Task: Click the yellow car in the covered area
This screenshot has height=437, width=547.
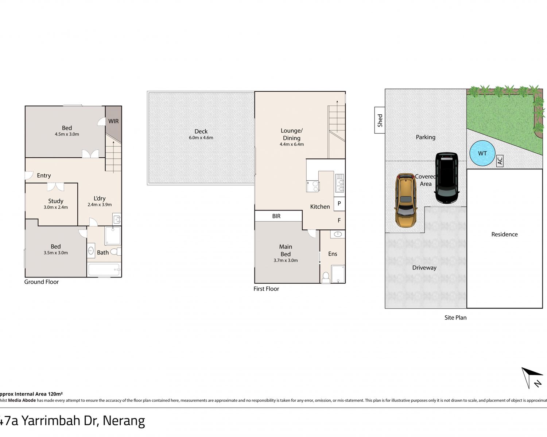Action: pyautogui.click(x=406, y=200)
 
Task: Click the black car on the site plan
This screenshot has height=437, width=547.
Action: pyautogui.click(x=447, y=178)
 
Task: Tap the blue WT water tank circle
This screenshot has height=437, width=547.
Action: pyautogui.click(x=482, y=153)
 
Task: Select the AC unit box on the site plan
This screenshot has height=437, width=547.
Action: pyautogui.click(x=500, y=161)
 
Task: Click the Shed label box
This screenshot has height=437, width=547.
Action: pyautogui.click(x=380, y=120)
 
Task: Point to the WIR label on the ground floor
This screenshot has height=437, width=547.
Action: pyautogui.click(x=113, y=121)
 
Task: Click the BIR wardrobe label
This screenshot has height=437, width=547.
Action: pyautogui.click(x=276, y=216)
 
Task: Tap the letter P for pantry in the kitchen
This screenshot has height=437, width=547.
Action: pyautogui.click(x=339, y=204)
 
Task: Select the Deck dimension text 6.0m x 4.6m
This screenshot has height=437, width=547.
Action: pyautogui.click(x=201, y=138)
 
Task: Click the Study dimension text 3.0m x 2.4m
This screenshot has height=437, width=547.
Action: pyautogui.click(x=56, y=207)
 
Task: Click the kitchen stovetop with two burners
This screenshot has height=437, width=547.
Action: pyautogui.click(x=313, y=186)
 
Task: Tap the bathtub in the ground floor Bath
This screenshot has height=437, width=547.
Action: pyautogui.click(x=104, y=269)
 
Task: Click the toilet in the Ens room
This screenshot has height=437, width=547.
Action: pyautogui.click(x=326, y=277)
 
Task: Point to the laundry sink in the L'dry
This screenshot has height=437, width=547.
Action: pyautogui.click(x=117, y=219)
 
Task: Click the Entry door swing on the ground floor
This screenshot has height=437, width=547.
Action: pyautogui.click(x=29, y=176)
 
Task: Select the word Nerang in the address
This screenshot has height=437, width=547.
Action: pyautogui.click(x=124, y=421)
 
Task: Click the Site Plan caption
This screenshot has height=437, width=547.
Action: pyautogui.click(x=455, y=318)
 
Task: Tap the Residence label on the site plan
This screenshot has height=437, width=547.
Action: pyautogui.click(x=504, y=235)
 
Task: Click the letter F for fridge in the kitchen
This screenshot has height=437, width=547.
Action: pyautogui.click(x=339, y=220)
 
